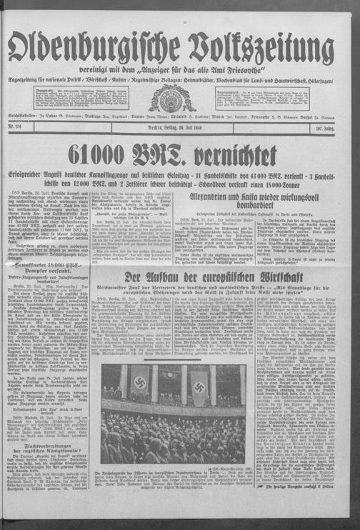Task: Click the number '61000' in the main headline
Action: [x=113, y=154]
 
